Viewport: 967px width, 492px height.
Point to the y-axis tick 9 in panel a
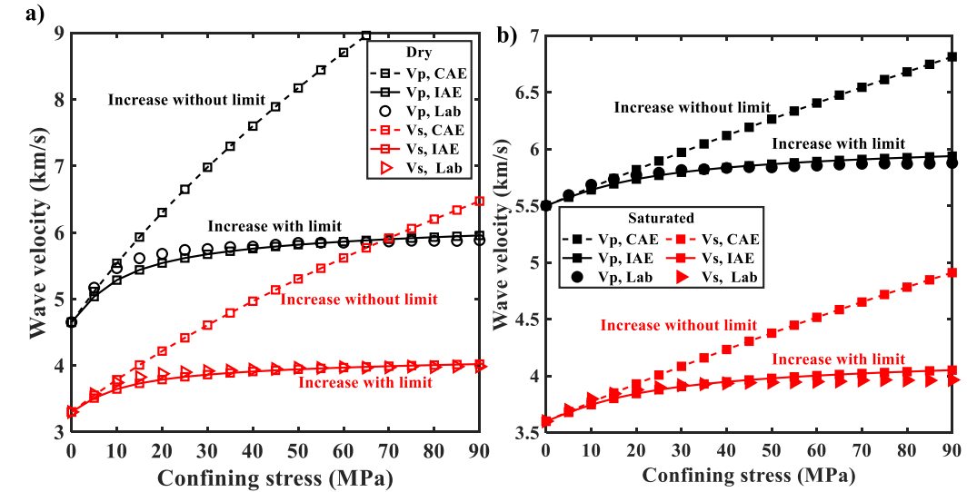click(56, 34)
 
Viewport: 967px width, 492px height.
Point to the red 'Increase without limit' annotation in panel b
click(678, 325)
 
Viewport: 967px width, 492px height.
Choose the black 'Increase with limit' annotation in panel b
click(838, 143)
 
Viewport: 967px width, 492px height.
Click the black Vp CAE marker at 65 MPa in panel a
click(365, 35)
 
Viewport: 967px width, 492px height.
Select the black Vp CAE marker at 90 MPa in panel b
click(952, 56)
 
